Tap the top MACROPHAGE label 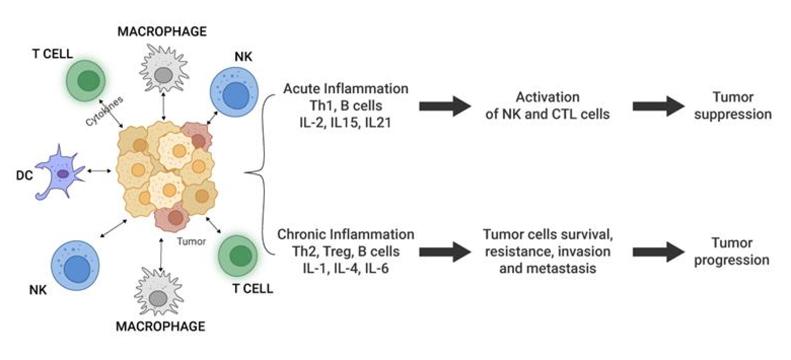point(162,32)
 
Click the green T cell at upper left point(88,81)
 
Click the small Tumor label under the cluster point(191,242)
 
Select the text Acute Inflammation point(345,89)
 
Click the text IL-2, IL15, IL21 point(345,122)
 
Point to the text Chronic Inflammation point(345,235)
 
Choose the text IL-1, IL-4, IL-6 point(345,268)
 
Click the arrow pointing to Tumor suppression point(659,105)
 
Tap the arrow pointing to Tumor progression point(659,251)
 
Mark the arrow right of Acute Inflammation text point(445,105)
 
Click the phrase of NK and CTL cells point(547,114)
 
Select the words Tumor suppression point(733,105)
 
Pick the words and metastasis point(547,268)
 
